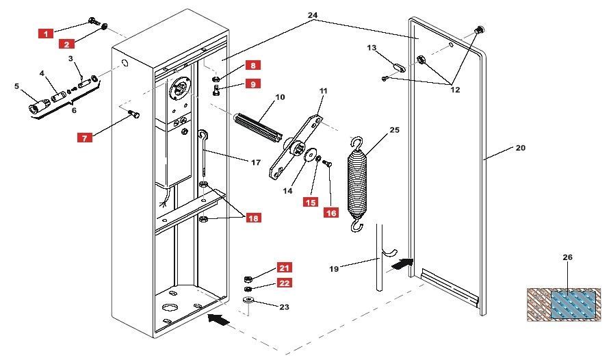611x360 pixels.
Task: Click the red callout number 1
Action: pyautogui.click(x=46, y=34)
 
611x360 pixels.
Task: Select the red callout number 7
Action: pyautogui.click(x=85, y=138)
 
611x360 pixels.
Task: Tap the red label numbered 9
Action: pyautogui.click(x=253, y=83)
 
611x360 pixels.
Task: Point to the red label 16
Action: pyautogui.click(x=331, y=213)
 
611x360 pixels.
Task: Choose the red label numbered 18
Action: pyautogui.click(x=253, y=218)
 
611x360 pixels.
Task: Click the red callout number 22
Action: pyautogui.click(x=285, y=283)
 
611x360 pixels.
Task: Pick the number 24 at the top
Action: pyautogui.click(x=313, y=15)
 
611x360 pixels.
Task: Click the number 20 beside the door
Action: pyautogui.click(x=521, y=148)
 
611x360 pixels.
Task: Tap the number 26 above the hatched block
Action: pyautogui.click(x=568, y=257)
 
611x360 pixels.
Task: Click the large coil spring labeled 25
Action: pyautogui.click(x=357, y=185)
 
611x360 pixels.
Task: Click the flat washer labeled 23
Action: pyautogui.click(x=248, y=300)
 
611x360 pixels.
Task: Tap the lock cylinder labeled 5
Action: pyautogui.click(x=37, y=107)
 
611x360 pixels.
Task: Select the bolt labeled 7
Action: pyautogui.click(x=133, y=114)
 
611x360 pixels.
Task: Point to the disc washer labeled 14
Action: pyautogui.click(x=311, y=155)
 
